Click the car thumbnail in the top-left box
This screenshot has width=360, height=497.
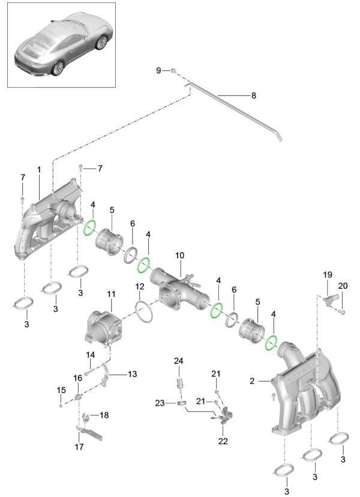[62, 46]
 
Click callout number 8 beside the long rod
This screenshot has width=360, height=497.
[253, 95]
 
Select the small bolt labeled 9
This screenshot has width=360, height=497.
[173, 71]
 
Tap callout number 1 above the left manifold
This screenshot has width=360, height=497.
[38, 170]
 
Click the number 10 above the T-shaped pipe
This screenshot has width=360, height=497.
[179, 256]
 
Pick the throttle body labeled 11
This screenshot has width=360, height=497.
[107, 326]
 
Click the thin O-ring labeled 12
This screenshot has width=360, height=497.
[143, 312]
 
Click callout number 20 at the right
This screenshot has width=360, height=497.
[343, 285]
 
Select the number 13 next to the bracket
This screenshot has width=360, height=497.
[131, 374]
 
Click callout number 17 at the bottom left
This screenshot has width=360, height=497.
[78, 447]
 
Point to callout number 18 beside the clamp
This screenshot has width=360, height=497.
[104, 415]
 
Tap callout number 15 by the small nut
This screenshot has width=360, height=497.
[61, 391]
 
